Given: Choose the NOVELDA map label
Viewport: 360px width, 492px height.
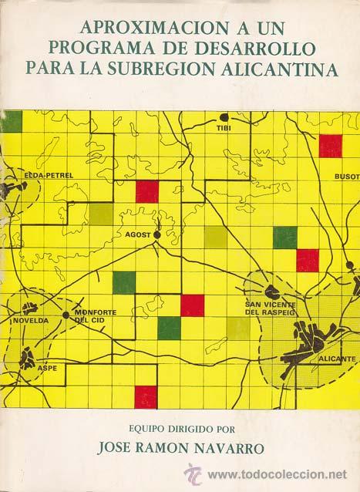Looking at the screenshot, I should coord(29,319).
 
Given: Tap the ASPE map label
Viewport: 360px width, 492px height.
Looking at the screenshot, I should coord(45,369).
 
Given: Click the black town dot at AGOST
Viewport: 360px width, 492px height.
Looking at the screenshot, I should coord(156,234).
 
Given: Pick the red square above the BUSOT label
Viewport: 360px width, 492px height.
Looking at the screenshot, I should coord(330,145).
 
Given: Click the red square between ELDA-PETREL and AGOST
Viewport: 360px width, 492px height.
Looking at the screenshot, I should coord(146,191).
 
